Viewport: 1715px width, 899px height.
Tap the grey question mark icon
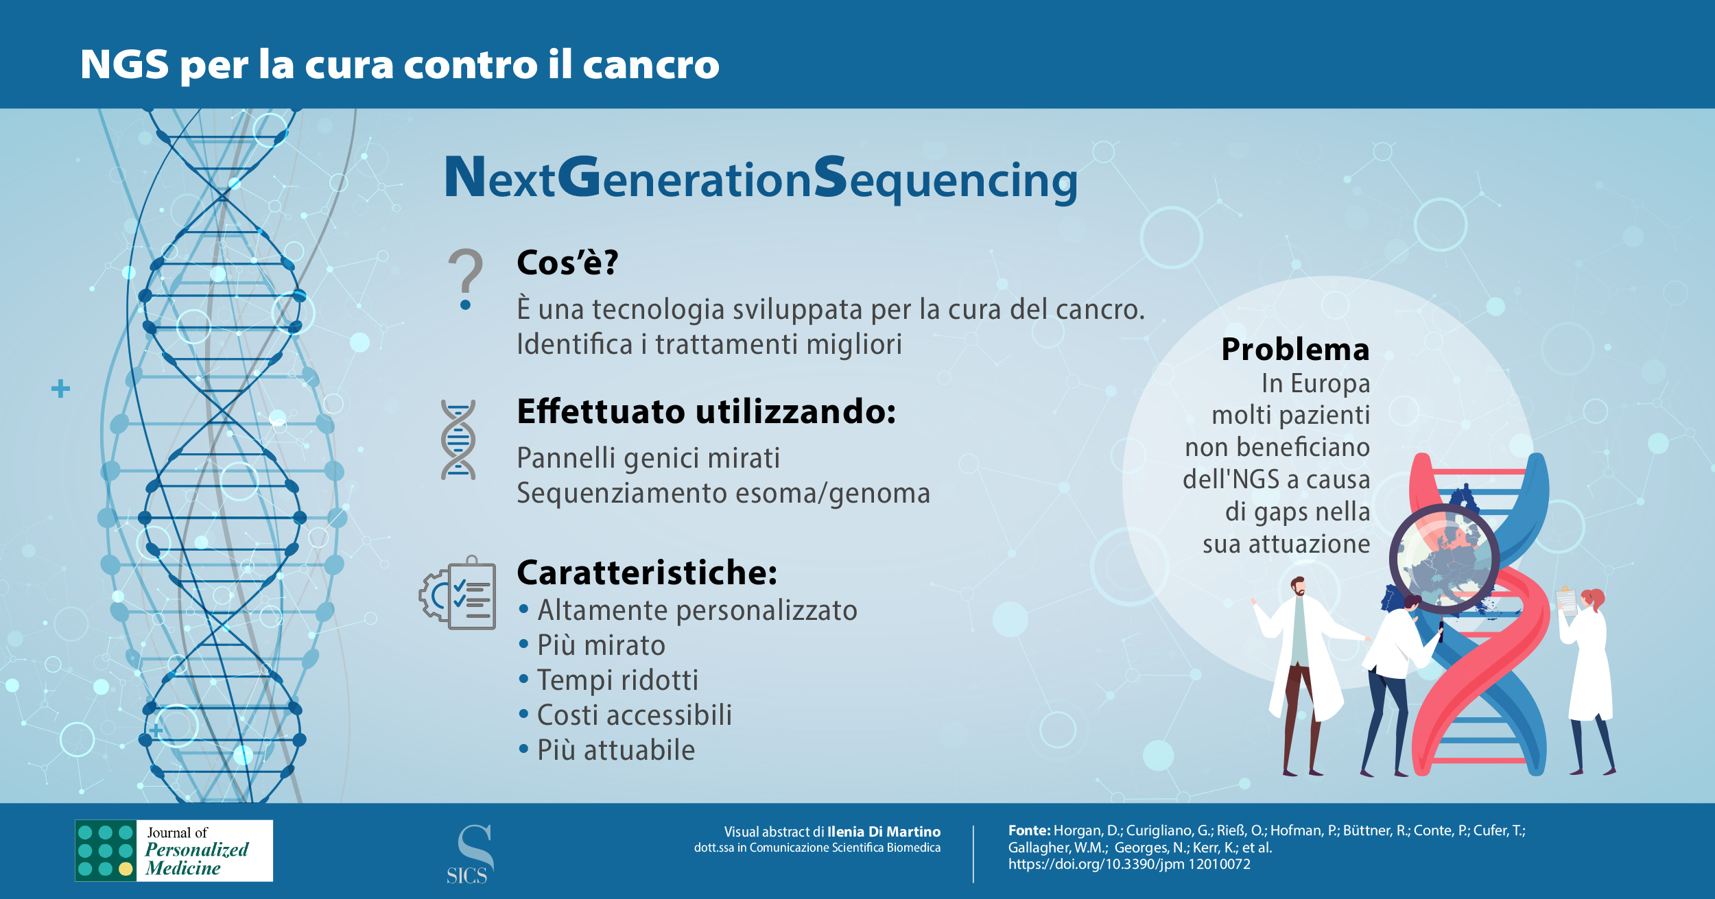click(466, 278)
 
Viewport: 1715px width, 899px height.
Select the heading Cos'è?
click(567, 262)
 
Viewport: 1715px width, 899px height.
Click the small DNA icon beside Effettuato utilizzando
click(458, 440)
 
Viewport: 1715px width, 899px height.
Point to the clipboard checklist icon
click(458, 592)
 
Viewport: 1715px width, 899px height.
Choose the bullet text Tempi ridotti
click(617, 680)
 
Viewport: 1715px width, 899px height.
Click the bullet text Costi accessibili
click(635, 715)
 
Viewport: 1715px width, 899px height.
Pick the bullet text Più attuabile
click(616, 750)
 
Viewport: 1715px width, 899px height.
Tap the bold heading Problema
click(1295, 350)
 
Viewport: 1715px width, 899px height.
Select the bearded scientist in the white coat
click(1300, 675)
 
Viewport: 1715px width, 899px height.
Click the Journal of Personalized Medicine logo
click(174, 850)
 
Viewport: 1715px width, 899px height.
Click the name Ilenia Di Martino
click(884, 832)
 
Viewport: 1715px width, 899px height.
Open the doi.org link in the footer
click(1129, 864)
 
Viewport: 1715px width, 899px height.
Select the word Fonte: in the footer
click(1029, 830)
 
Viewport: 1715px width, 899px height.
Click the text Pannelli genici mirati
click(648, 458)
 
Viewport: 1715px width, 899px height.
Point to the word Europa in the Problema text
click(1330, 383)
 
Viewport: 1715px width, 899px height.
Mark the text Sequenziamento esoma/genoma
click(723, 493)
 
